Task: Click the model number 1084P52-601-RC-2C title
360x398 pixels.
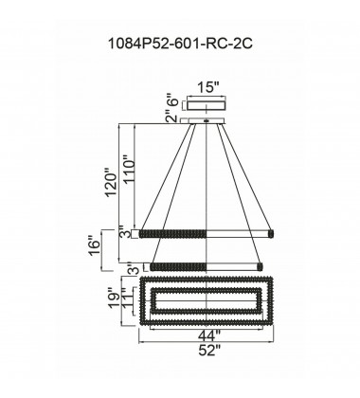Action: coord(180,44)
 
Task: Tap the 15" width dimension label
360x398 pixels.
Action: coord(207,87)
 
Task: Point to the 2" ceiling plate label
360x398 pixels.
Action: coord(172,118)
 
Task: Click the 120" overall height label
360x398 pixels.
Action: coord(112,185)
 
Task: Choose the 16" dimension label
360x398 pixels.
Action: coord(94,244)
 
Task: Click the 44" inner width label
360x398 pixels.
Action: coord(209,335)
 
